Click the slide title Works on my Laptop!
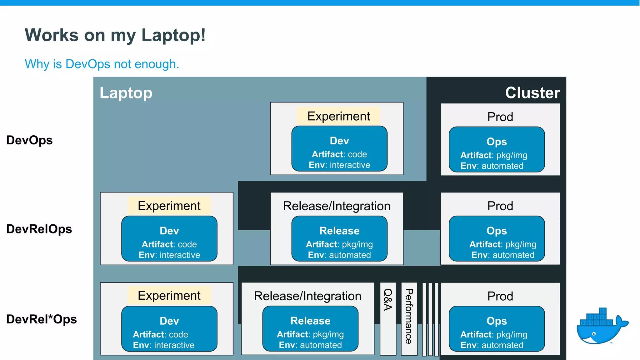115,35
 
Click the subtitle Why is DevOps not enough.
102,64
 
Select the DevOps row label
29,140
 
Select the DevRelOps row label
39,229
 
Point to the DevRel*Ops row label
41,319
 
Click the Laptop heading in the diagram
126,93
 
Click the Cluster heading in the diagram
532,93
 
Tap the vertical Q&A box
388,318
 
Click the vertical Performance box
409,318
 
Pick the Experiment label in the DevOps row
338,116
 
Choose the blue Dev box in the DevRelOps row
169,239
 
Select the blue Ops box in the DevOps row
497,149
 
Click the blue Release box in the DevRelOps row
339,239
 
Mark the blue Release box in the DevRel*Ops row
310,329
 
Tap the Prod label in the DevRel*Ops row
500,296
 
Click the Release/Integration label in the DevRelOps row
337,206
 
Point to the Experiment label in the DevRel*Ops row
169,296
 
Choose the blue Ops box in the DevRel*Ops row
497,329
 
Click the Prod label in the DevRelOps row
500,206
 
